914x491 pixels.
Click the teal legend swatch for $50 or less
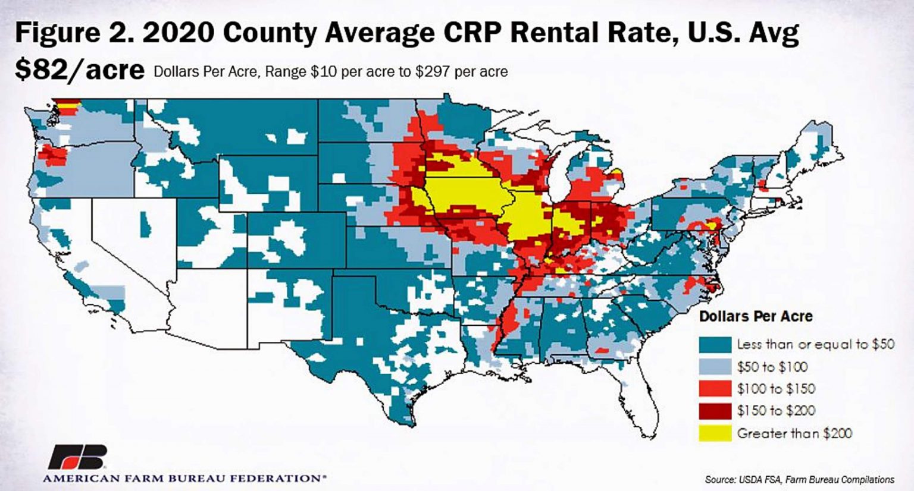coord(715,345)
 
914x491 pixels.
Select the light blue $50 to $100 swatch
coord(715,367)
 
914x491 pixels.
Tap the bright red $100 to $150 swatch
coord(715,389)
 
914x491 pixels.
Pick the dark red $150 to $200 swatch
coord(715,411)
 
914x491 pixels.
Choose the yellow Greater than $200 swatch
coord(715,433)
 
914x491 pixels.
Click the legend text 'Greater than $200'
coord(794,433)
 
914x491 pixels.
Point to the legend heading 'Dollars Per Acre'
coord(756,316)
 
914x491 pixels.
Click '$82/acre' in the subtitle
coord(79,70)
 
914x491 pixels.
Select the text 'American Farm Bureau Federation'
coord(184,478)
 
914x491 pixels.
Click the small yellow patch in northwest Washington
coord(70,106)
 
